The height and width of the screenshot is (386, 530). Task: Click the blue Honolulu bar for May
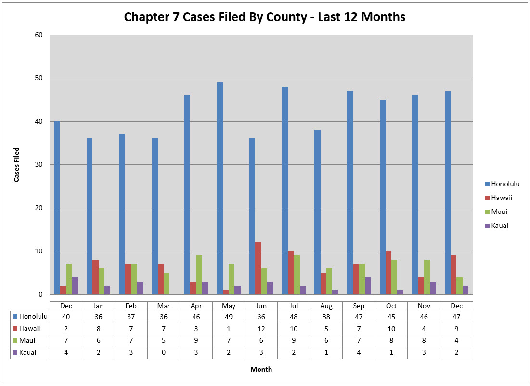[220, 188]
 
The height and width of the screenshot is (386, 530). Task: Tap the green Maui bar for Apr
[199, 274]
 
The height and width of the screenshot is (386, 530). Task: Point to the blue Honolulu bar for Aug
[318, 212]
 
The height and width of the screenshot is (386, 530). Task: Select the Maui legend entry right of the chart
[496, 212]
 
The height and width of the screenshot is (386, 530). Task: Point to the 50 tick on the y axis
[39, 78]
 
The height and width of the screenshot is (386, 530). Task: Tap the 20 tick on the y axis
[39, 208]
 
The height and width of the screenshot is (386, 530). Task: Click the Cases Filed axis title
[17, 164]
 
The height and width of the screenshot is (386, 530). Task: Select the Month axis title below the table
[261, 369]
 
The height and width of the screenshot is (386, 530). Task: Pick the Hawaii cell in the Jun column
[261, 328]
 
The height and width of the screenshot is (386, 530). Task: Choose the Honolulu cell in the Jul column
[294, 316]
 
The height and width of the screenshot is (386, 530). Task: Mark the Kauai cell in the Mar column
[164, 352]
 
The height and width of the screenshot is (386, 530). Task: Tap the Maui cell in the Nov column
[424, 340]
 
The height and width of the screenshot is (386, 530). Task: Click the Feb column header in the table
[131, 306]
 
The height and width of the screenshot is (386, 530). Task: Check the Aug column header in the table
[326, 306]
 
